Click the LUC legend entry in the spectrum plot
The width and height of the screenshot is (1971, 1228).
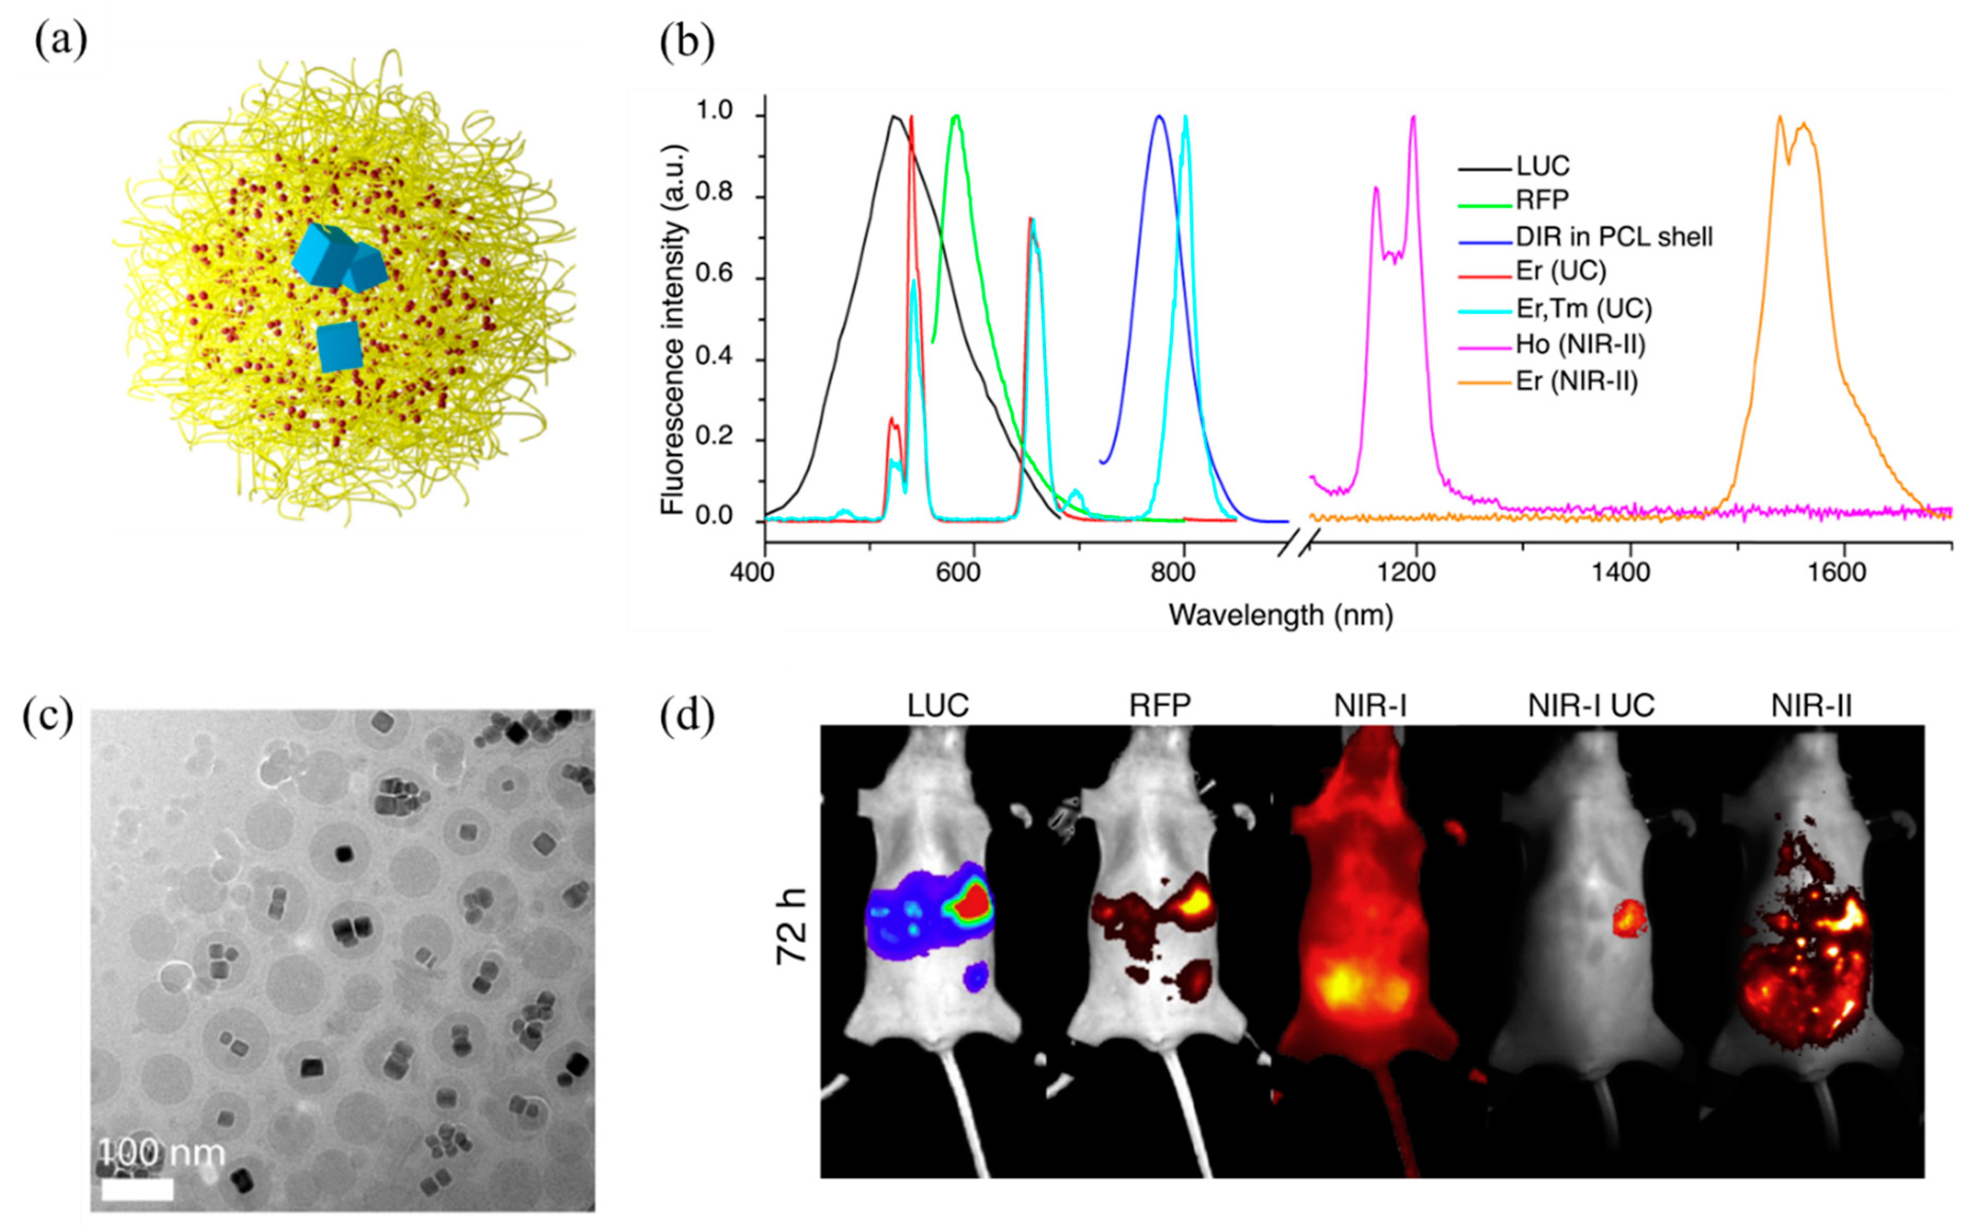coord(1542,166)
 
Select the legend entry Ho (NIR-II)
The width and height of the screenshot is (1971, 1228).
coord(1579,345)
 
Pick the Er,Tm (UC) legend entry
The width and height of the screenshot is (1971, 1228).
coord(1583,308)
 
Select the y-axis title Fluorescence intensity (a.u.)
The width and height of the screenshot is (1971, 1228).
coord(672,329)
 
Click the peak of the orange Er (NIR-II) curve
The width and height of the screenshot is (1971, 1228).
coord(1779,118)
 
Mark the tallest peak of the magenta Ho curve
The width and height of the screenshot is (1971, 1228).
coord(1413,118)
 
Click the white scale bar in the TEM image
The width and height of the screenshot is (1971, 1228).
coord(137,1190)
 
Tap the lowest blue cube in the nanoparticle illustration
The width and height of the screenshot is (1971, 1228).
coord(339,347)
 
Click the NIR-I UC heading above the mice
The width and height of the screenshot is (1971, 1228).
coord(1590,706)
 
